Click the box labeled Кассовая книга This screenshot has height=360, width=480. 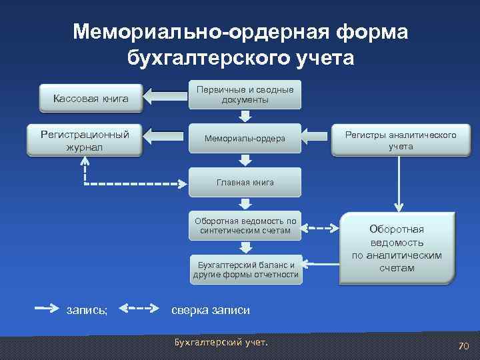91,99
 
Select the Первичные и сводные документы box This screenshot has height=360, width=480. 245,95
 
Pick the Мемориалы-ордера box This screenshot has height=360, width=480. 245,138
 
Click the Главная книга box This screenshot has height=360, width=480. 245,182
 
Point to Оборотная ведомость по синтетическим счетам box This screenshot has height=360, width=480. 245,226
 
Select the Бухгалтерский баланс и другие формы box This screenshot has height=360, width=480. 245,269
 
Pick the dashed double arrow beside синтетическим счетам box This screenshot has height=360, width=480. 323,228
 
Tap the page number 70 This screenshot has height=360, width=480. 463,345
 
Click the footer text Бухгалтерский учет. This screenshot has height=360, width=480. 220,343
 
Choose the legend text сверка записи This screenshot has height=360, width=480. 211,309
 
